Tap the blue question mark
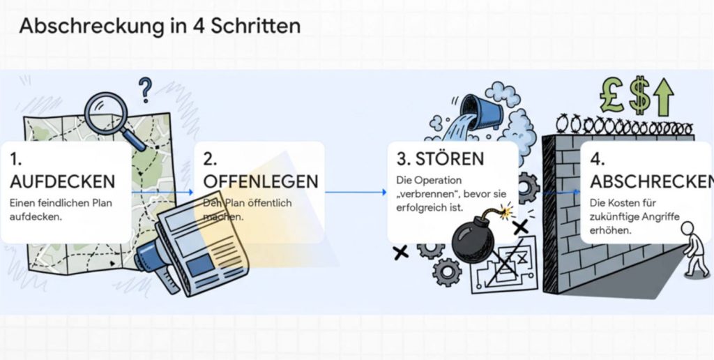[145, 89]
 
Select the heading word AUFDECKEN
[62, 181]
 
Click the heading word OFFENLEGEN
[260, 181]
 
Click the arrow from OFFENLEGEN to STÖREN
[356, 192]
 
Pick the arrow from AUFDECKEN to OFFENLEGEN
[162, 190]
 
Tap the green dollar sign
[639, 96]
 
